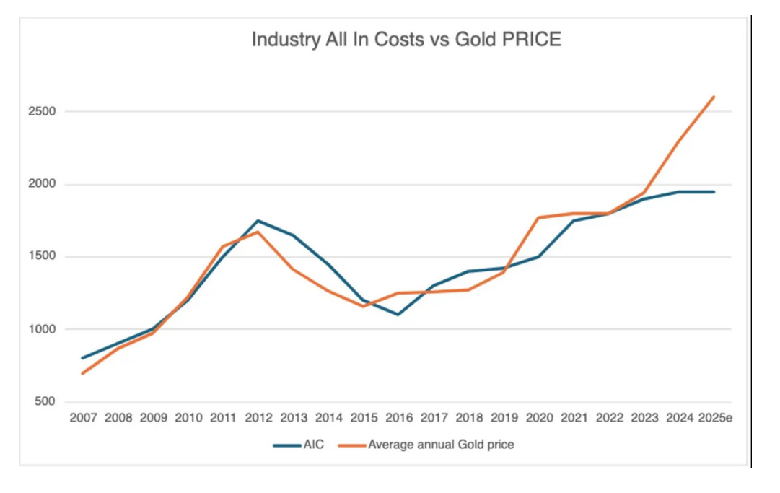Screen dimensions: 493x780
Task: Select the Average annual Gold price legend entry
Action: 440,445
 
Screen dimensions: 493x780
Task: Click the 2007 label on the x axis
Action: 83,419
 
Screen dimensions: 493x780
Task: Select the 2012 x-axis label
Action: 258,419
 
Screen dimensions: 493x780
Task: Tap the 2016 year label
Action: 398,419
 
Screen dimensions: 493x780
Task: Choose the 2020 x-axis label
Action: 538,419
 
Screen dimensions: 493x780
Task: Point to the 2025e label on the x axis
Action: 715,419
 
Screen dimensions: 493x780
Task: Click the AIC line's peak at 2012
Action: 258,221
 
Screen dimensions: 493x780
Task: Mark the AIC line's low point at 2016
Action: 398,315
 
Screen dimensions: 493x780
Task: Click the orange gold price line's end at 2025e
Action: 714,97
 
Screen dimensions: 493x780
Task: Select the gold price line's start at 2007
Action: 83,373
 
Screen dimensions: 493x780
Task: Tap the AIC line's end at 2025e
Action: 714,192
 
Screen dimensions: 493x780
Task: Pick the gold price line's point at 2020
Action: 538,217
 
